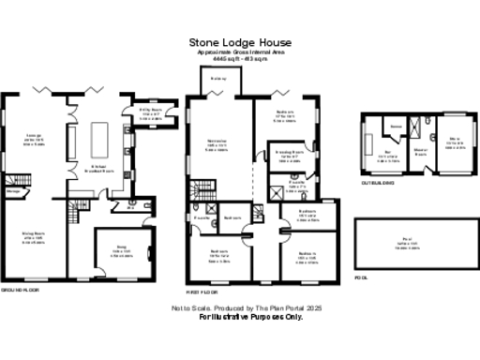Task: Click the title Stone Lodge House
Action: coord(240,42)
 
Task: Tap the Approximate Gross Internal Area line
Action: coord(240,52)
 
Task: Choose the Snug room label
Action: coord(122,248)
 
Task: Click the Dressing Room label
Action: coord(288,153)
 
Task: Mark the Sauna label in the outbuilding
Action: coord(397,125)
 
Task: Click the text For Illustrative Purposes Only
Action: coord(250,317)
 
